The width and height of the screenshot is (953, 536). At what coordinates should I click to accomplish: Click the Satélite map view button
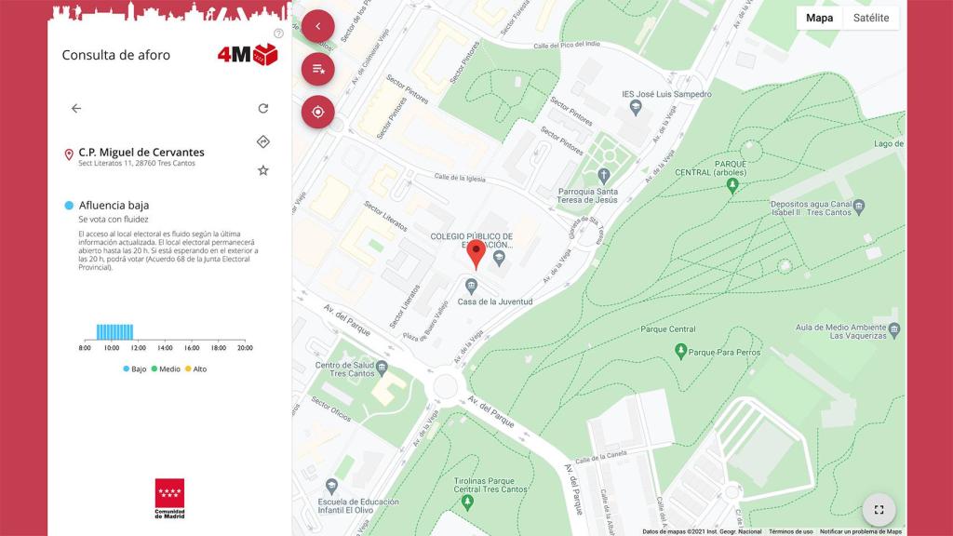(871, 18)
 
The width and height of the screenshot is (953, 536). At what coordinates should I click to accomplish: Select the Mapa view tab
(819, 18)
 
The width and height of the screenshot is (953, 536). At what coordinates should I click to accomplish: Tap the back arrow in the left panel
(76, 108)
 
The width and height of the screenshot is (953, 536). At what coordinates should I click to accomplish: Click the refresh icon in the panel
(263, 108)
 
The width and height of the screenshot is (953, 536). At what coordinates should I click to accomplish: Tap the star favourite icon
(263, 170)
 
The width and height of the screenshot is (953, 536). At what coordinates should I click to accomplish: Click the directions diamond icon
(263, 141)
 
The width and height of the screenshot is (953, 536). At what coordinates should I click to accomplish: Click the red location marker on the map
(476, 253)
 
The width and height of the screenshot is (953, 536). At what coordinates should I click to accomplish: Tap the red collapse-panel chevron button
(317, 26)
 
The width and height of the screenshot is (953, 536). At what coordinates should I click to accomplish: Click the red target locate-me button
(317, 112)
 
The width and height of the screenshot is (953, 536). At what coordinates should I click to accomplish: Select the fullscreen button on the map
(879, 509)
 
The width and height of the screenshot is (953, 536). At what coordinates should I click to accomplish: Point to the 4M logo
(247, 54)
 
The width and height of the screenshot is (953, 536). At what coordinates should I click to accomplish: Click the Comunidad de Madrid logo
(169, 499)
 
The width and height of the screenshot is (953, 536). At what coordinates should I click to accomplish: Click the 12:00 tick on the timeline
(138, 348)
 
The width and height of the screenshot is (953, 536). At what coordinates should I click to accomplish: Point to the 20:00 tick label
(245, 348)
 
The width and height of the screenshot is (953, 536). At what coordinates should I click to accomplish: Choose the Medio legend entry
(165, 369)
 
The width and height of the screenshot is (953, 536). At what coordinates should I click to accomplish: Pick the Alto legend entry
(195, 369)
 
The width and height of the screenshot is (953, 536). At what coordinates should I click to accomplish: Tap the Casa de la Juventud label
(494, 301)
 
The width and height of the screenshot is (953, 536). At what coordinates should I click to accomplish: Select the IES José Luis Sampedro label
(666, 94)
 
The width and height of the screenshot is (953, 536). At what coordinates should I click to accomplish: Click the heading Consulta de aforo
(116, 55)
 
